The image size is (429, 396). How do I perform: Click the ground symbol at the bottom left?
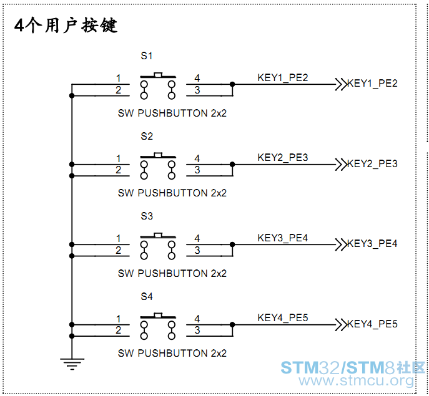72,364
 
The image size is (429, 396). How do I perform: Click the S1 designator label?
147,56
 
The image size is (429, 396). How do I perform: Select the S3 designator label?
147,216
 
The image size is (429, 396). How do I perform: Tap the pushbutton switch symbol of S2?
158,166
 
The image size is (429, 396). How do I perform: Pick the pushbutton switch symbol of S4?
158,326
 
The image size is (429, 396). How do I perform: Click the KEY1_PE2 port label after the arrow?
372,83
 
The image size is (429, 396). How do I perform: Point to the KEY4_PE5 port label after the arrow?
372,324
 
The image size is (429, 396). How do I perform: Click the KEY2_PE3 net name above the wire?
283,157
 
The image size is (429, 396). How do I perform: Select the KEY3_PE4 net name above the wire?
283,238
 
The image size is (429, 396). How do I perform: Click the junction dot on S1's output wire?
232,84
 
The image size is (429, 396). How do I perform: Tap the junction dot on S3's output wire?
232,244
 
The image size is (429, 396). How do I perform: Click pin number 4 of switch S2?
197,158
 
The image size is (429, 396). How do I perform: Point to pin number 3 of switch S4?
197,330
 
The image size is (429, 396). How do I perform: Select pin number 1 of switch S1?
119,78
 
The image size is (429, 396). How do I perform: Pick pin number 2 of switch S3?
118,250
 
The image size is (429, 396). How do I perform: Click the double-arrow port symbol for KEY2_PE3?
341,165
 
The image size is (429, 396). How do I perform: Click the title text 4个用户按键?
66,26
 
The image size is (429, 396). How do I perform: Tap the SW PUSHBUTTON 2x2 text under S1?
172,113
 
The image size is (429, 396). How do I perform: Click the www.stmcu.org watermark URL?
356,380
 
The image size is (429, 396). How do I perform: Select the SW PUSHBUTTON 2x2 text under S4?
172,353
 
